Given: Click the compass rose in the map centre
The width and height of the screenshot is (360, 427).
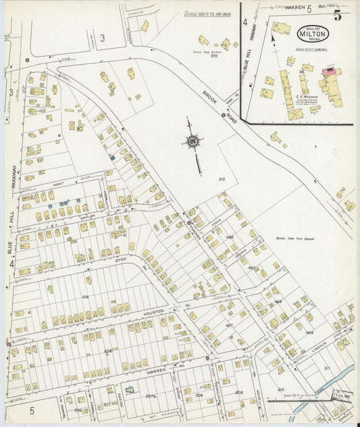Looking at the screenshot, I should click(x=193, y=142).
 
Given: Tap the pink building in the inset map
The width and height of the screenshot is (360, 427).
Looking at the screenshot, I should click(x=330, y=71).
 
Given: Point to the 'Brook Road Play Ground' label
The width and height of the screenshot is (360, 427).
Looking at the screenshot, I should click(x=294, y=238).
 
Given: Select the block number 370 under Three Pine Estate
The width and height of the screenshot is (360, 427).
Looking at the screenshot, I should click(x=214, y=55).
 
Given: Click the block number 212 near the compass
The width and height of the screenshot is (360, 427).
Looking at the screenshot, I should click(x=221, y=178).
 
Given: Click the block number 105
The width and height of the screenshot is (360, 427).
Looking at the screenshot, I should click(x=86, y=297).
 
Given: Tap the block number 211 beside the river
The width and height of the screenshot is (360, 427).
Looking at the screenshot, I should click(x=327, y=368).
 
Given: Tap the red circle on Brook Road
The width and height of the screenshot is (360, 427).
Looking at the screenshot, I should click(x=224, y=115).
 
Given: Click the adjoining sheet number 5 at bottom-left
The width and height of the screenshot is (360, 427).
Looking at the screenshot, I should click(x=31, y=409).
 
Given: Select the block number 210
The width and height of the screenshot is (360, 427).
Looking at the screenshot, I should click(x=280, y=389).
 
